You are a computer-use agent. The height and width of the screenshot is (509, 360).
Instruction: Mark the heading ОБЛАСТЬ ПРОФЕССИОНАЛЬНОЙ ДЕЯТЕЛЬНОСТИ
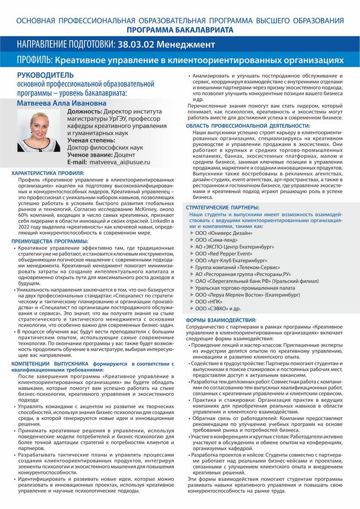(248, 125)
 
